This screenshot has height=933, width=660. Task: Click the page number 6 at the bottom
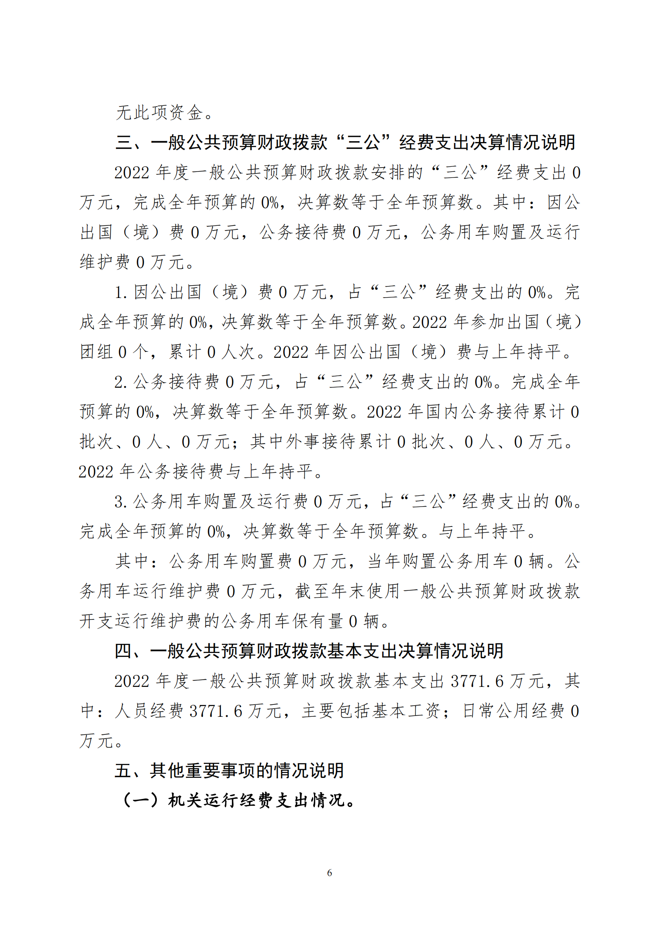[330, 872]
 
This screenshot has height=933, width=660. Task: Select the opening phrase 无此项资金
[159, 112]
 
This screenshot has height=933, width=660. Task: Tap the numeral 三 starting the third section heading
[124, 143]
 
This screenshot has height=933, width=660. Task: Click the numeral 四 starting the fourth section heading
[123, 651]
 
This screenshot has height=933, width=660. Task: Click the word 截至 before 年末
[313, 591]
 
